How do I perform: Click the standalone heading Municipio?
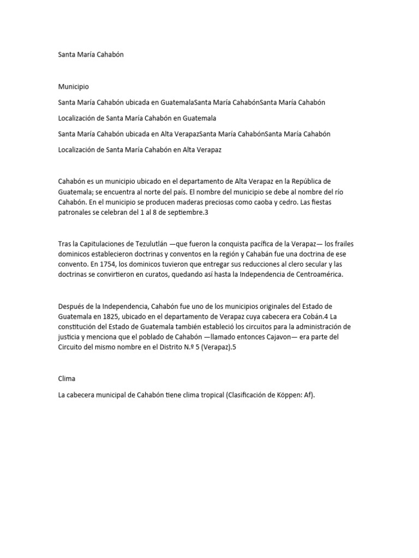[x=74, y=87]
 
